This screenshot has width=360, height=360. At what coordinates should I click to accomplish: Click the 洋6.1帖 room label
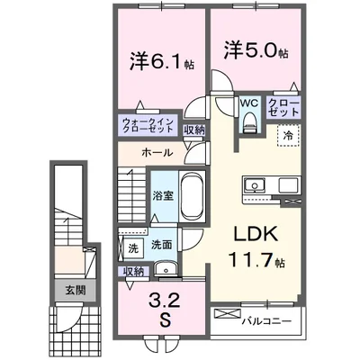(x=162, y=61)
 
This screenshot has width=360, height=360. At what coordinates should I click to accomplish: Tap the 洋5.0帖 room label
(x=256, y=50)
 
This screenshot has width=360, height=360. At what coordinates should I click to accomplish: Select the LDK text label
(x=256, y=236)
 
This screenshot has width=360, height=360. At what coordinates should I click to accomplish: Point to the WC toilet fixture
(x=250, y=122)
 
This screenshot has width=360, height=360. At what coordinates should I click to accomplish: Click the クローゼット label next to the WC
(x=283, y=107)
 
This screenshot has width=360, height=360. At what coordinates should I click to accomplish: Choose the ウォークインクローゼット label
(x=148, y=125)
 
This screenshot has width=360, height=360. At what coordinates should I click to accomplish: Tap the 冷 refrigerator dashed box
(x=288, y=136)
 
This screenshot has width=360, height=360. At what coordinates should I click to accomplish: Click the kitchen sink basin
(x=255, y=185)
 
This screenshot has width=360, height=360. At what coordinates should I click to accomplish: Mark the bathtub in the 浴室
(x=192, y=196)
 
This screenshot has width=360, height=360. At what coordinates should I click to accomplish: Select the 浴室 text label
(x=163, y=196)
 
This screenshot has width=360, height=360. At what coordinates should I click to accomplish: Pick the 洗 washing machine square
(x=132, y=248)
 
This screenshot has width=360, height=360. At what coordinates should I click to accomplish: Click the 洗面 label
(x=161, y=245)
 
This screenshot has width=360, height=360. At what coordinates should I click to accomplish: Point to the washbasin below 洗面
(x=166, y=268)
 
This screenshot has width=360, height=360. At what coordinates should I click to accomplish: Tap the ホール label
(x=157, y=153)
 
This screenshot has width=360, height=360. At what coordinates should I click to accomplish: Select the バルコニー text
(x=266, y=321)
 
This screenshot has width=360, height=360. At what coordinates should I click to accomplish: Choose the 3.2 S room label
(x=163, y=310)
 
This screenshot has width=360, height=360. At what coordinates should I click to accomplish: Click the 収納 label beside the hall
(x=194, y=130)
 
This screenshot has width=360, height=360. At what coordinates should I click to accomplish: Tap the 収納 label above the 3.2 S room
(x=133, y=272)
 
